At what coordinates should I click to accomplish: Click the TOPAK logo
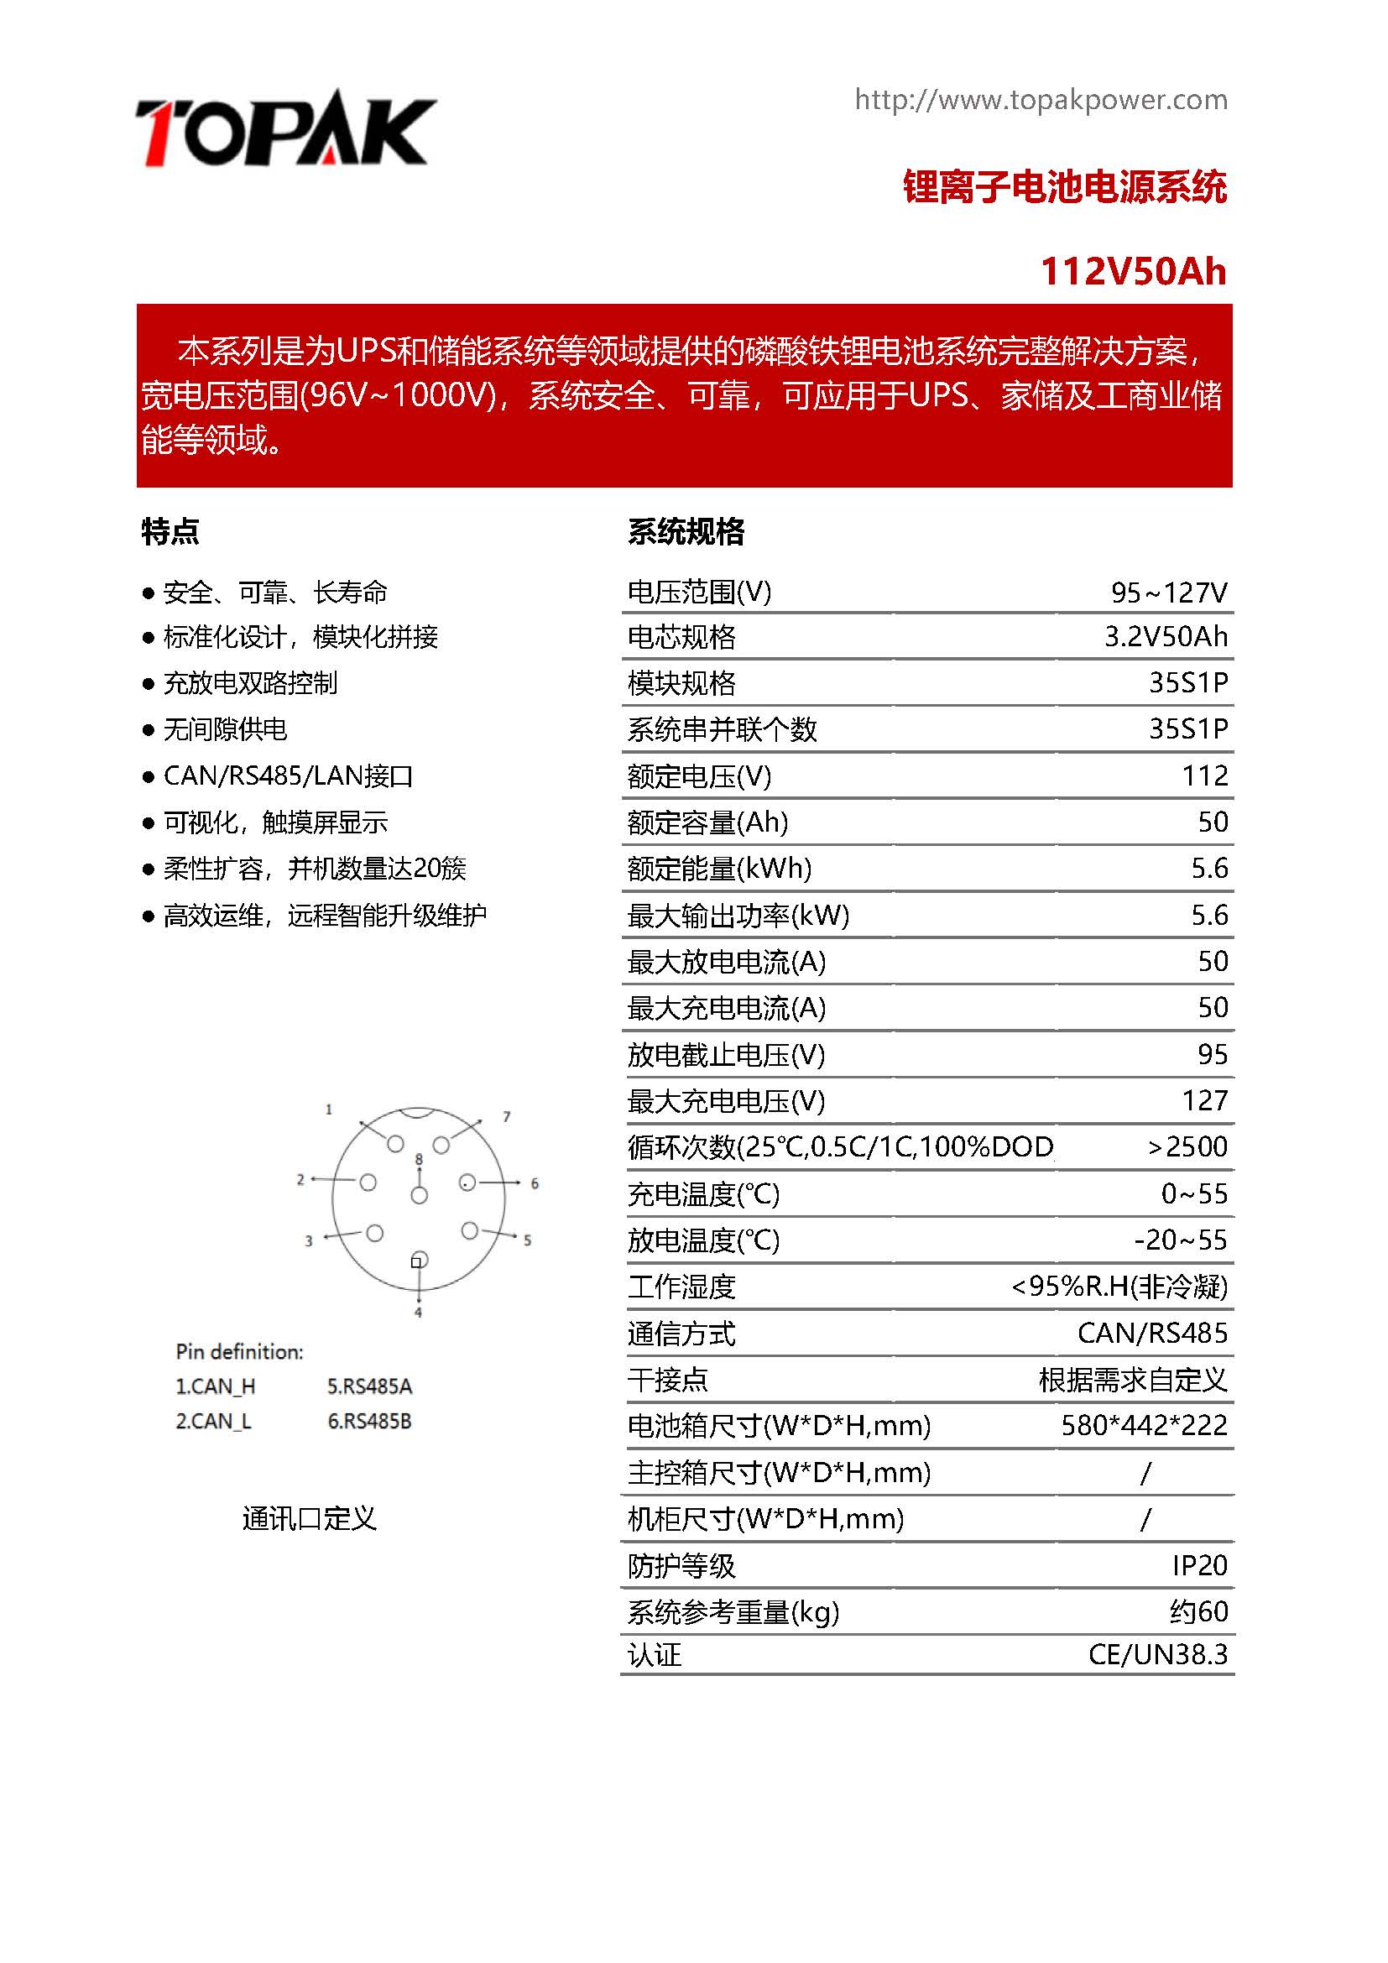[x=285, y=129]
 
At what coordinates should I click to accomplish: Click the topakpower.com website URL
[x=1040, y=100]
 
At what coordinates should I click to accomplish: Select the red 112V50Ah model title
[x=1132, y=272]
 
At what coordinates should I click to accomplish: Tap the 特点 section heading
[x=170, y=532]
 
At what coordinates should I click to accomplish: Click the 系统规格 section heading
[x=686, y=532]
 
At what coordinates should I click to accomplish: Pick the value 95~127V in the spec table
[x=1168, y=593]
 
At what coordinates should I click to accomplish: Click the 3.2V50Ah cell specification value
[x=1165, y=637]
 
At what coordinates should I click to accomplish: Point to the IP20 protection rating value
[x=1198, y=1566]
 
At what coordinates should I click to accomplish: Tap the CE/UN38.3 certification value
[x=1157, y=1655]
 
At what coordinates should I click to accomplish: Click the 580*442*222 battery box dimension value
[x=1144, y=1426]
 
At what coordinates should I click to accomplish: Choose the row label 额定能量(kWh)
[x=719, y=869]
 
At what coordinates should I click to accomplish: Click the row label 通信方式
[x=681, y=1334]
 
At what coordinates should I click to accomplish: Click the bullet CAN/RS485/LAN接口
[x=288, y=776]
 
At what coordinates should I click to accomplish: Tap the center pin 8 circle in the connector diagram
[x=419, y=1195]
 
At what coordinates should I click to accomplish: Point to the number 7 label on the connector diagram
[x=507, y=1116]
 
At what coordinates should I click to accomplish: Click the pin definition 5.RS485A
[x=369, y=1386]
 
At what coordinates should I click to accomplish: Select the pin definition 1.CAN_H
[x=216, y=1386]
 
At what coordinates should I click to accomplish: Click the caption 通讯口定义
[x=310, y=1518]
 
